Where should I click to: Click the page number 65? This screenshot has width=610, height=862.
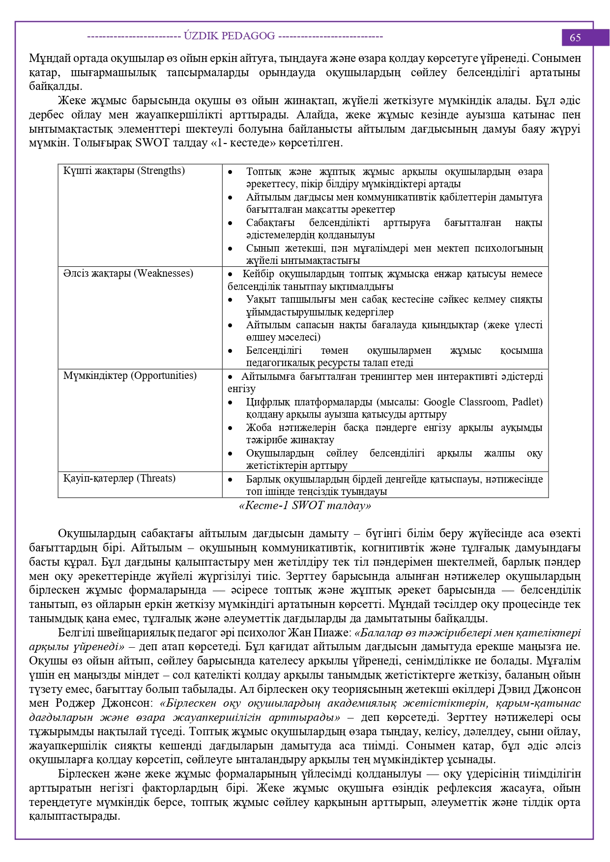coord(575,37)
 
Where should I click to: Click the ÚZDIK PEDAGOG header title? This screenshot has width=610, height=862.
coord(229,36)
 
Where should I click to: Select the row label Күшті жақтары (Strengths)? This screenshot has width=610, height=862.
coord(124,171)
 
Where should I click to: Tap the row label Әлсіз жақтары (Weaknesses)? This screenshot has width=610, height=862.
coord(128,273)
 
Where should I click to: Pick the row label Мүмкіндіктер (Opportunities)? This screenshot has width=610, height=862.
coord(130,375)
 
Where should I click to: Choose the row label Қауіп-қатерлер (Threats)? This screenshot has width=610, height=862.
coord(119,478)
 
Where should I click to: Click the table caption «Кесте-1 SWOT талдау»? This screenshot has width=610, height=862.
coord(305,505)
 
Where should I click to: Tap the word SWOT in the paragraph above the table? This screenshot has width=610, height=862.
coord(152,143)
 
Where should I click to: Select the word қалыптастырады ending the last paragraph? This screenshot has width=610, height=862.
coord(74,816)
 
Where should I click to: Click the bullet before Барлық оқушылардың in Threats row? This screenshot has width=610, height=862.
coord(230,479)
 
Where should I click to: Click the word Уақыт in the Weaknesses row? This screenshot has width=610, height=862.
coord(261,299)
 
